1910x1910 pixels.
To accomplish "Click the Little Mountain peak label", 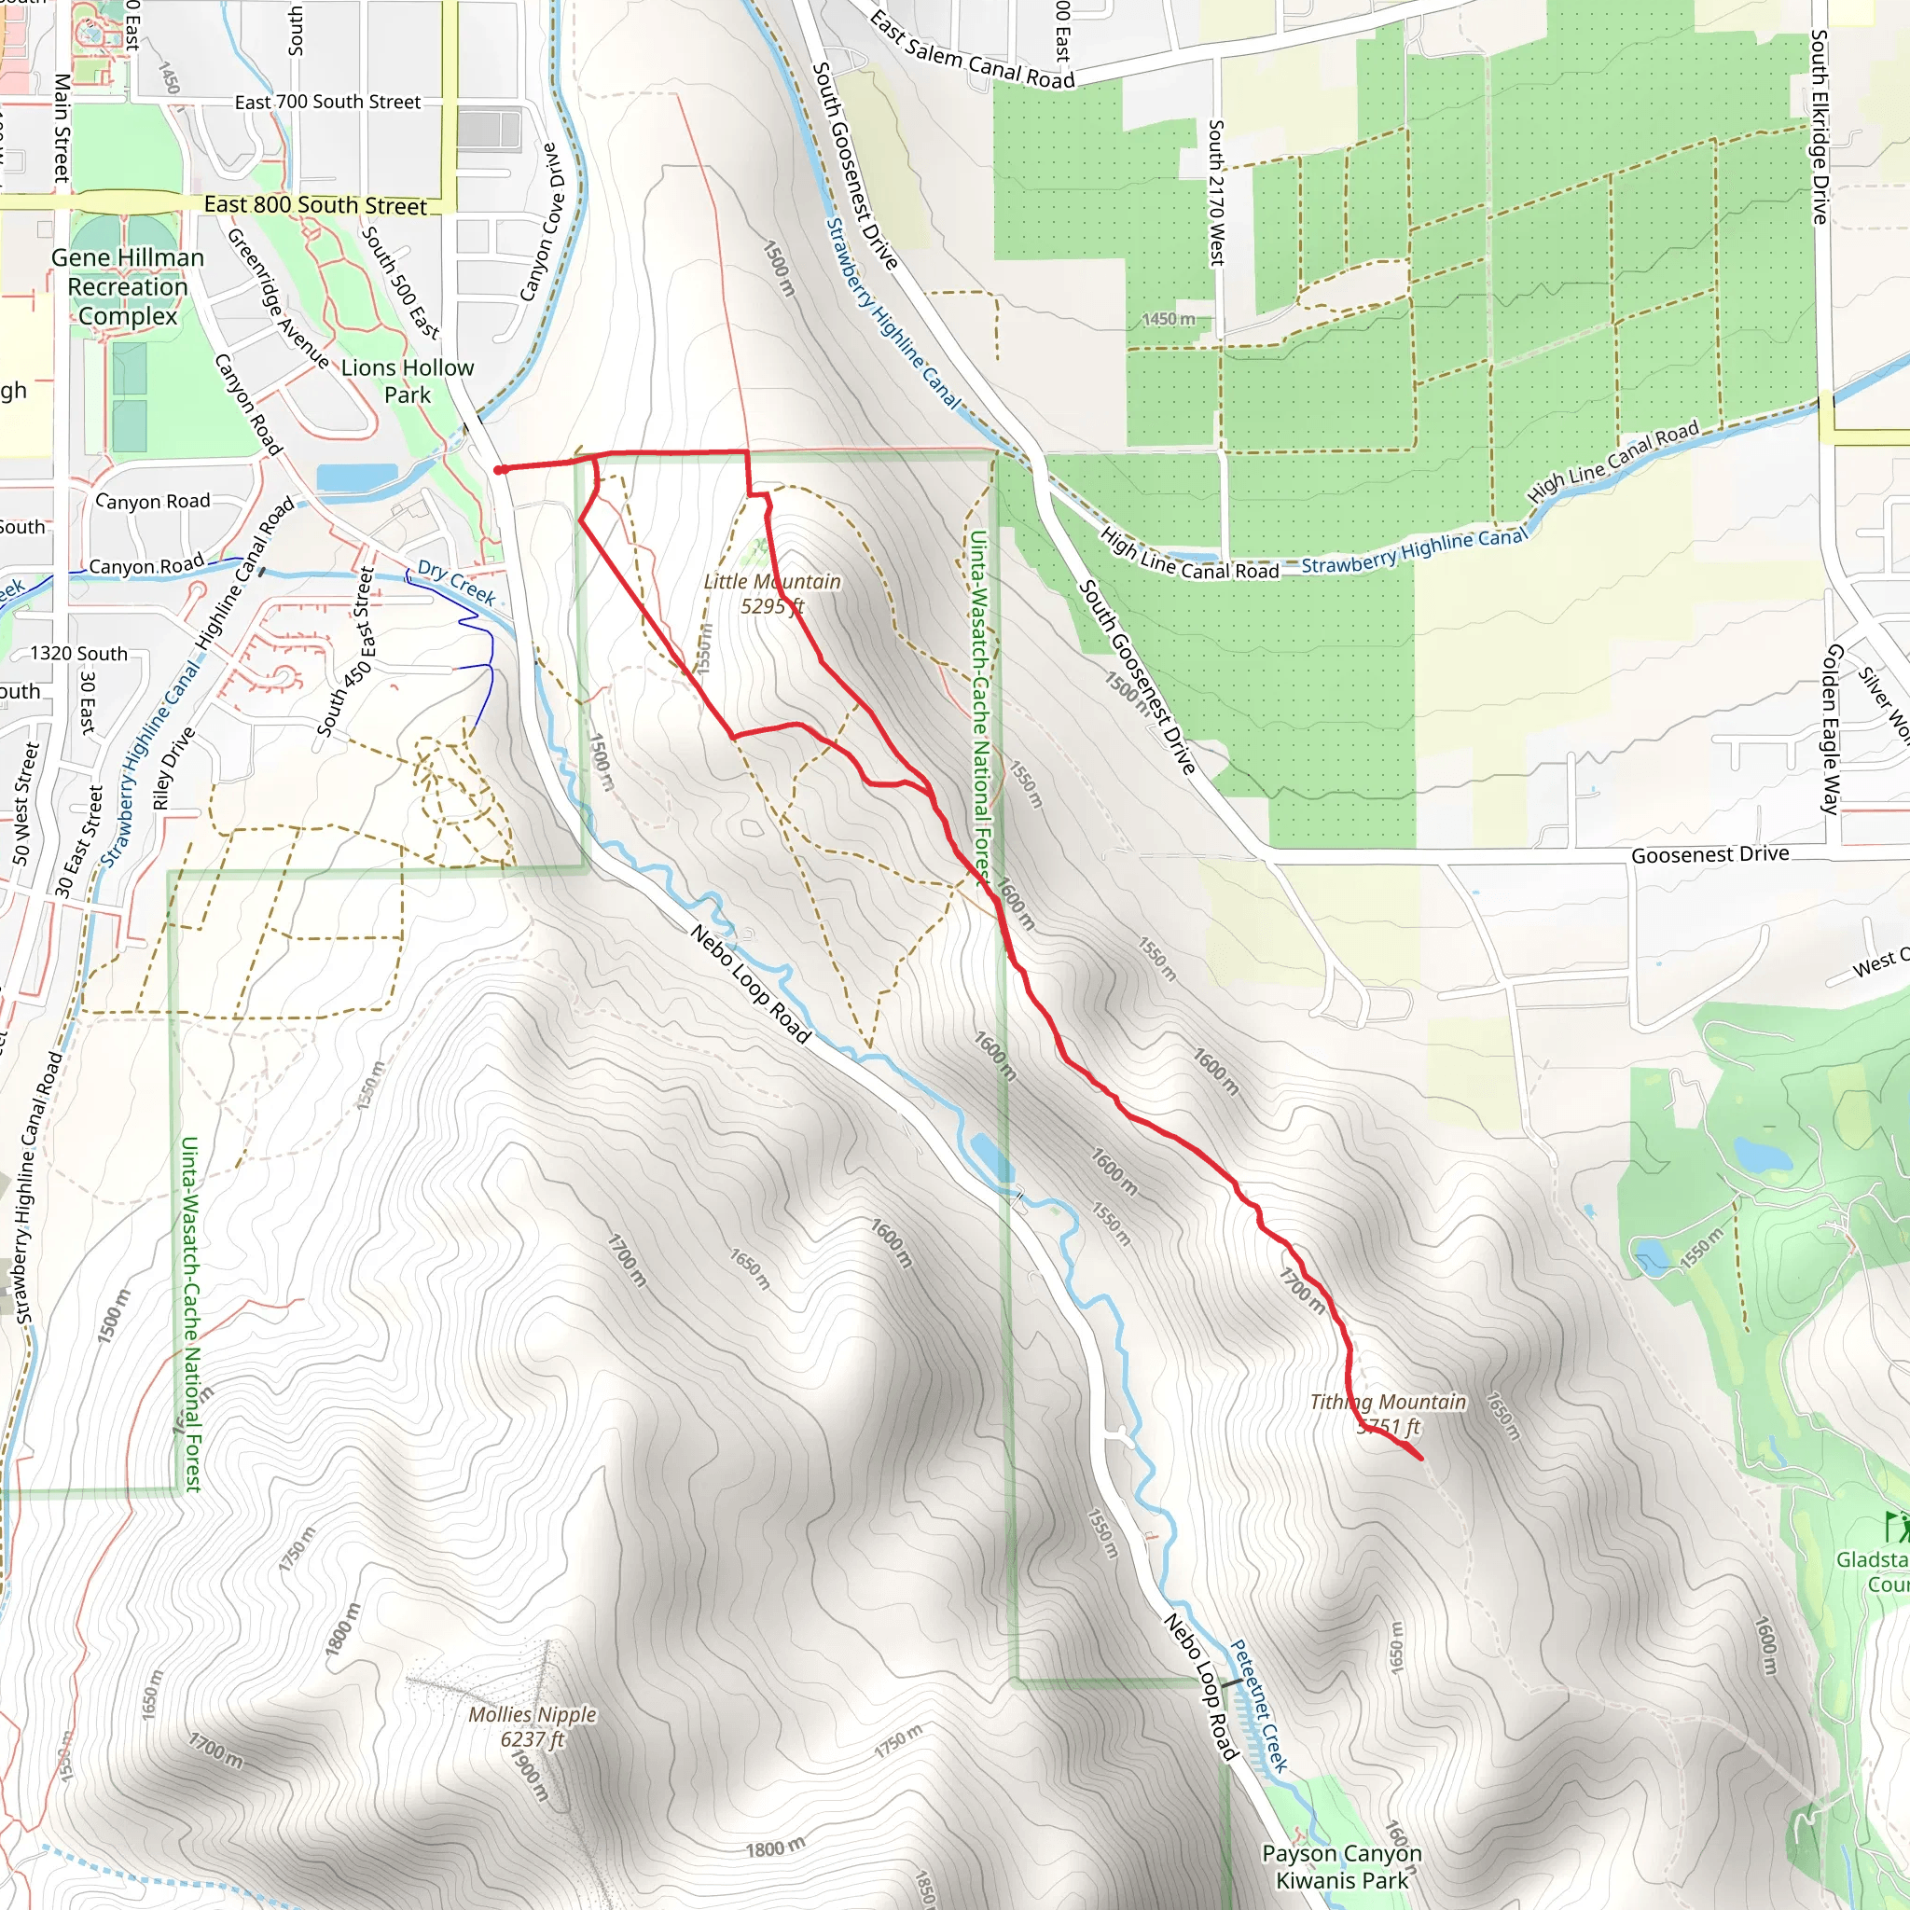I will coord(772,593).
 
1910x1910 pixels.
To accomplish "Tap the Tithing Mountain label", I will coord(1387,1414).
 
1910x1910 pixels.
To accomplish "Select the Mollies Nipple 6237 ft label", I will coord(533,1726).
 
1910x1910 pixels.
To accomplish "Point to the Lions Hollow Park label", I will coord(408,381).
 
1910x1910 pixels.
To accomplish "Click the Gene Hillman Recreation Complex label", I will coord(128,286).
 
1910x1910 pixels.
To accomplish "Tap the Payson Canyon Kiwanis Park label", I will coord(1341,1866).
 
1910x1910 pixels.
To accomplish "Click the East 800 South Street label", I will coord(315,204).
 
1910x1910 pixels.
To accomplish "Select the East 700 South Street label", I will coord(327,102).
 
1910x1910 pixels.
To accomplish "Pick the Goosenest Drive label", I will coord(1709,854).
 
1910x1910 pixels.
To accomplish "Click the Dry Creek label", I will coord(456,581).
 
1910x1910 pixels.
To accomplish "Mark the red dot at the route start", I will coord(501,470).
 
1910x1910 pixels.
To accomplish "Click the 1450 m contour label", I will coord(1169,319).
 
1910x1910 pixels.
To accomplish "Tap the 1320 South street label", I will coord(79,654).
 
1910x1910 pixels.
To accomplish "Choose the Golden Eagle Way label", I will coord(1832,728).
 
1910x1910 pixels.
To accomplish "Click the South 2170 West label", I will coord(1216,193).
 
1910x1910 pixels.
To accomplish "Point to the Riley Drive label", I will coord(174,768).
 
